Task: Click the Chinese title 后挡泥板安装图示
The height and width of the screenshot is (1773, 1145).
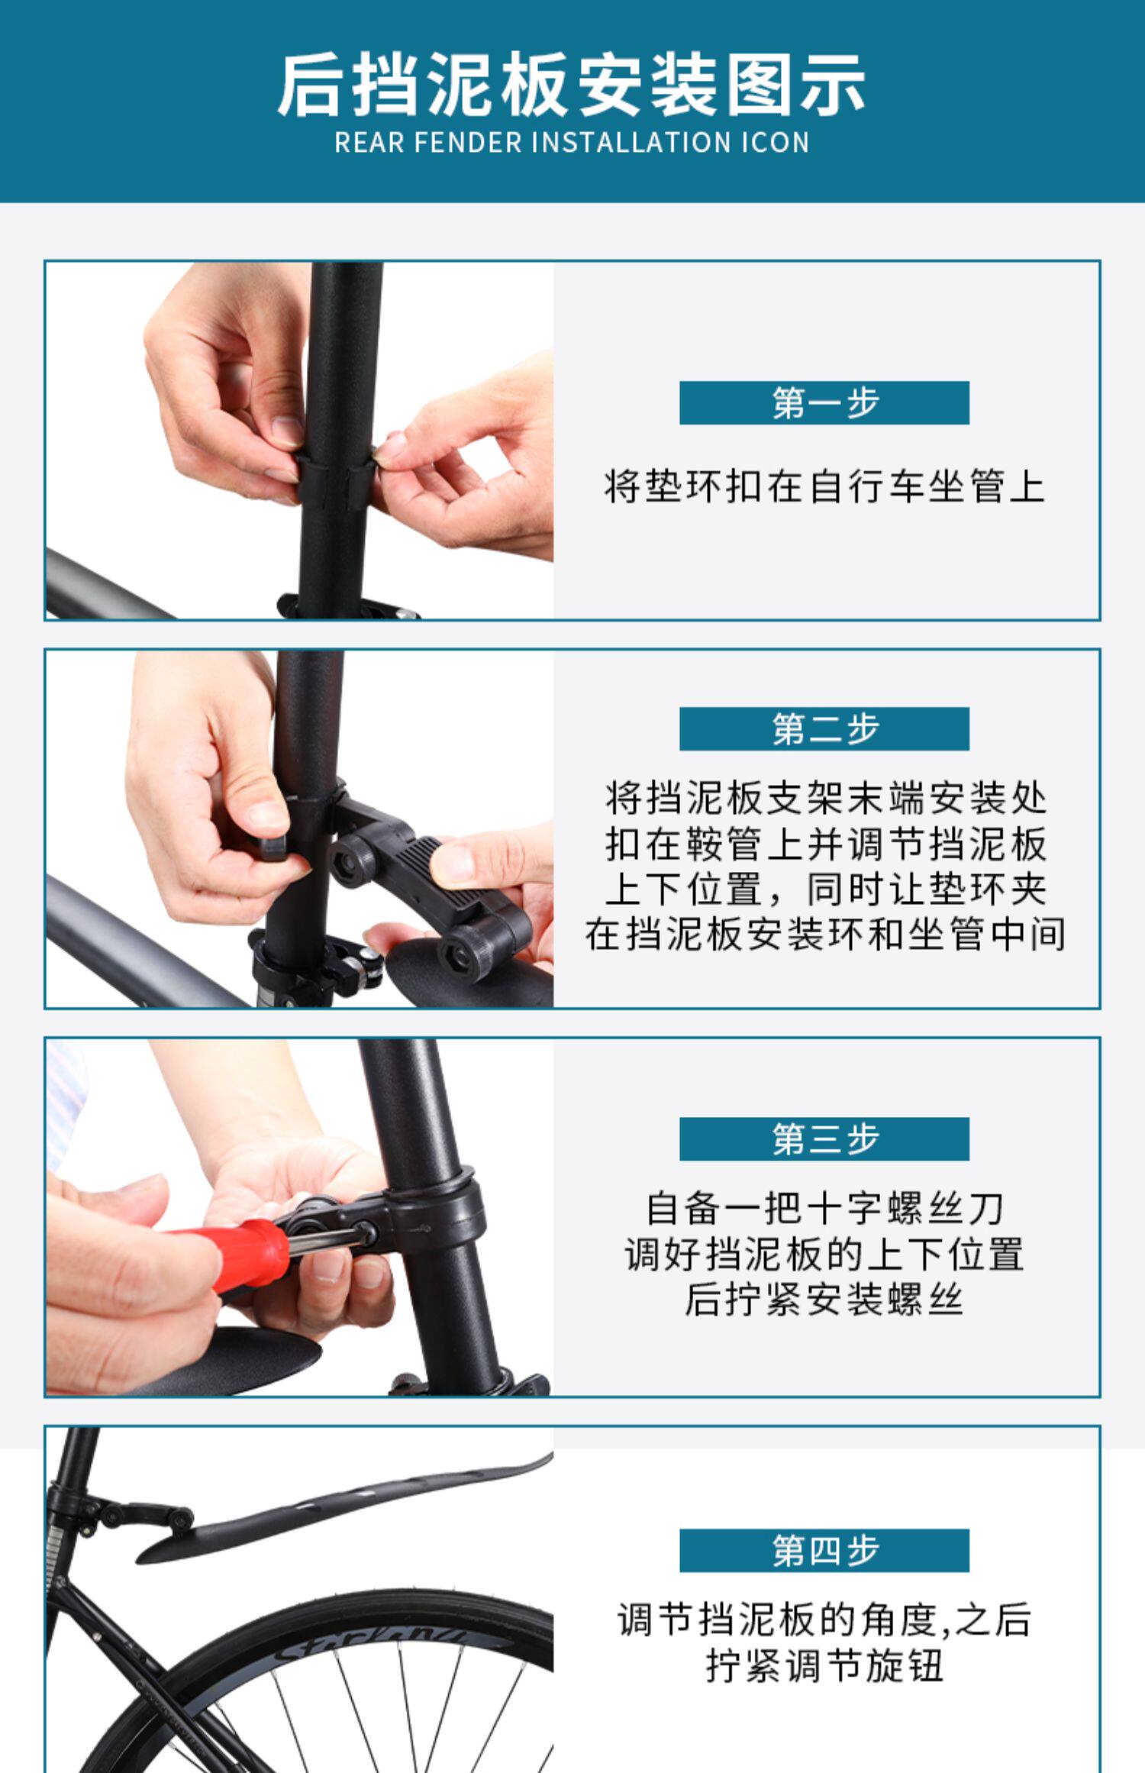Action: [571, 85]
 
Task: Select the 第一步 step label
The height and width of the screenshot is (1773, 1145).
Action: [824, 402]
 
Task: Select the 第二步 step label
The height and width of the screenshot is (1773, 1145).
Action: [824, 728]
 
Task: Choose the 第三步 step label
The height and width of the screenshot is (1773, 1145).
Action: [824, 1138]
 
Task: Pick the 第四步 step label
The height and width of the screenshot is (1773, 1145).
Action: [824, 1550]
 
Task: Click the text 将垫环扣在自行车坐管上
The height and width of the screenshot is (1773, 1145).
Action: [824, 486]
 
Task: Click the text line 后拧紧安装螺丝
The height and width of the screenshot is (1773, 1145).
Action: [824, 1299]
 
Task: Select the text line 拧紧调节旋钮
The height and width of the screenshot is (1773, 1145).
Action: [824, 1666]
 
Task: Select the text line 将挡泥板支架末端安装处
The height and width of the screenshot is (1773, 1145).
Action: [824, 799]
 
